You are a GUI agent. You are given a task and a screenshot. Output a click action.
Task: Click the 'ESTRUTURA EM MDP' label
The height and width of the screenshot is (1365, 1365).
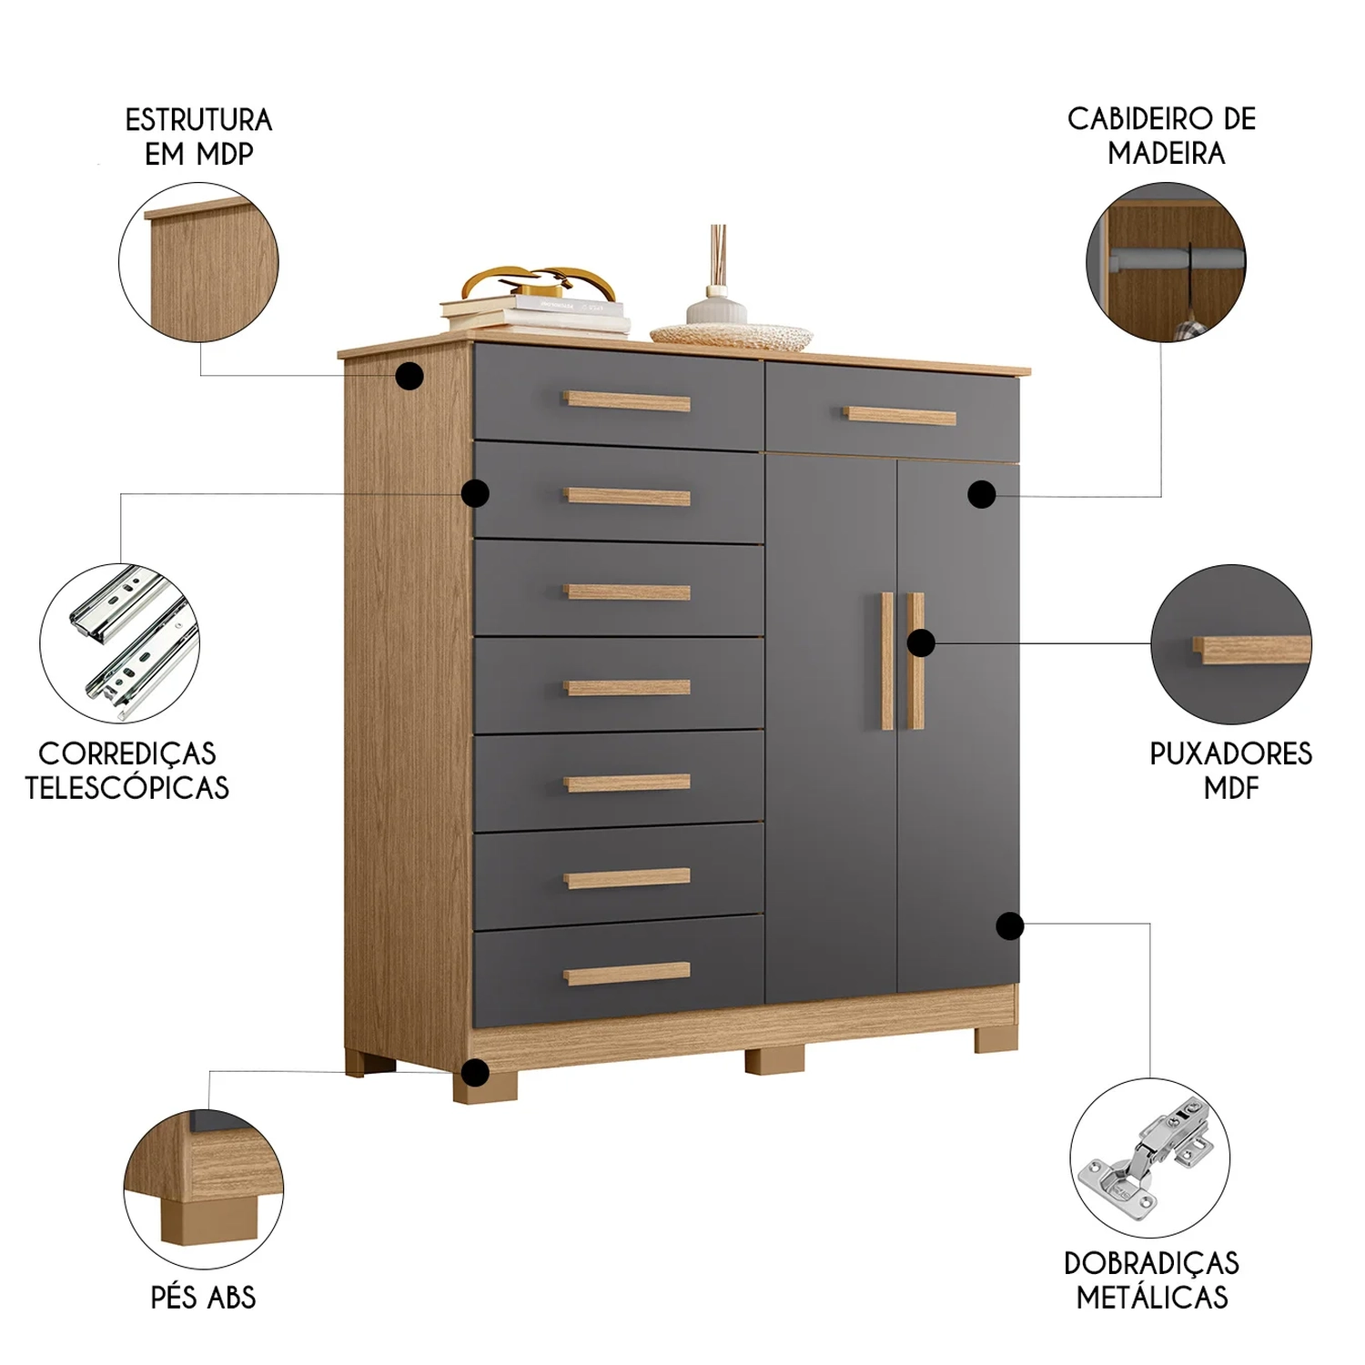198,136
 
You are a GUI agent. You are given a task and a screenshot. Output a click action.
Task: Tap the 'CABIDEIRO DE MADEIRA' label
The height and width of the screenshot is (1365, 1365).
1162,136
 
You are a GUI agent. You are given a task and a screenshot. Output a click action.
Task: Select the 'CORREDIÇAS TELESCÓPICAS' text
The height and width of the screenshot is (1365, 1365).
127,770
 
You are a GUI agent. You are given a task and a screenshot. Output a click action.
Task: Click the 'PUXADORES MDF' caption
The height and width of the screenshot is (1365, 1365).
1231,770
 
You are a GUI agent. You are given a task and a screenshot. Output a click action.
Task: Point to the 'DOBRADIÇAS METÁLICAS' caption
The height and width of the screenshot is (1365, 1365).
1152,1279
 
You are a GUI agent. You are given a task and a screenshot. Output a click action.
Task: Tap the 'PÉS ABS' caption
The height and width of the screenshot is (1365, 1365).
204,1297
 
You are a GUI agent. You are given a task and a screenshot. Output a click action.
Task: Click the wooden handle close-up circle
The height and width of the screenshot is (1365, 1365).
1231,643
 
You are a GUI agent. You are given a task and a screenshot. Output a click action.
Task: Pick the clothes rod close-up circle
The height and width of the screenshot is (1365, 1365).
1167,263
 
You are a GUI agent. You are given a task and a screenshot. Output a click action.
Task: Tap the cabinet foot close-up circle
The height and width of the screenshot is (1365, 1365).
204,1188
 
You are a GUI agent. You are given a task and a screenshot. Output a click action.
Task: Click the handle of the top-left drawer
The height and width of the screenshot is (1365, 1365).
627,401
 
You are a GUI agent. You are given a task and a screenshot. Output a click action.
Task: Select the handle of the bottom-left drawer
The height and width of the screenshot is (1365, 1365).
627,974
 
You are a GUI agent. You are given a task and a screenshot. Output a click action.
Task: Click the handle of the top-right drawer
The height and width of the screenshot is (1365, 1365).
900,417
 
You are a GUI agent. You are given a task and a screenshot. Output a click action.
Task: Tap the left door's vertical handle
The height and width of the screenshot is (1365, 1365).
887,661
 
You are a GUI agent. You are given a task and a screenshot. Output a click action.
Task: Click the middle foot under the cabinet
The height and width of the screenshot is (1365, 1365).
774,1061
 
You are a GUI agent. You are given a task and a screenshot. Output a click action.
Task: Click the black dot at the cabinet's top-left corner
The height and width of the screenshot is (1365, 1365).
410,375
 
